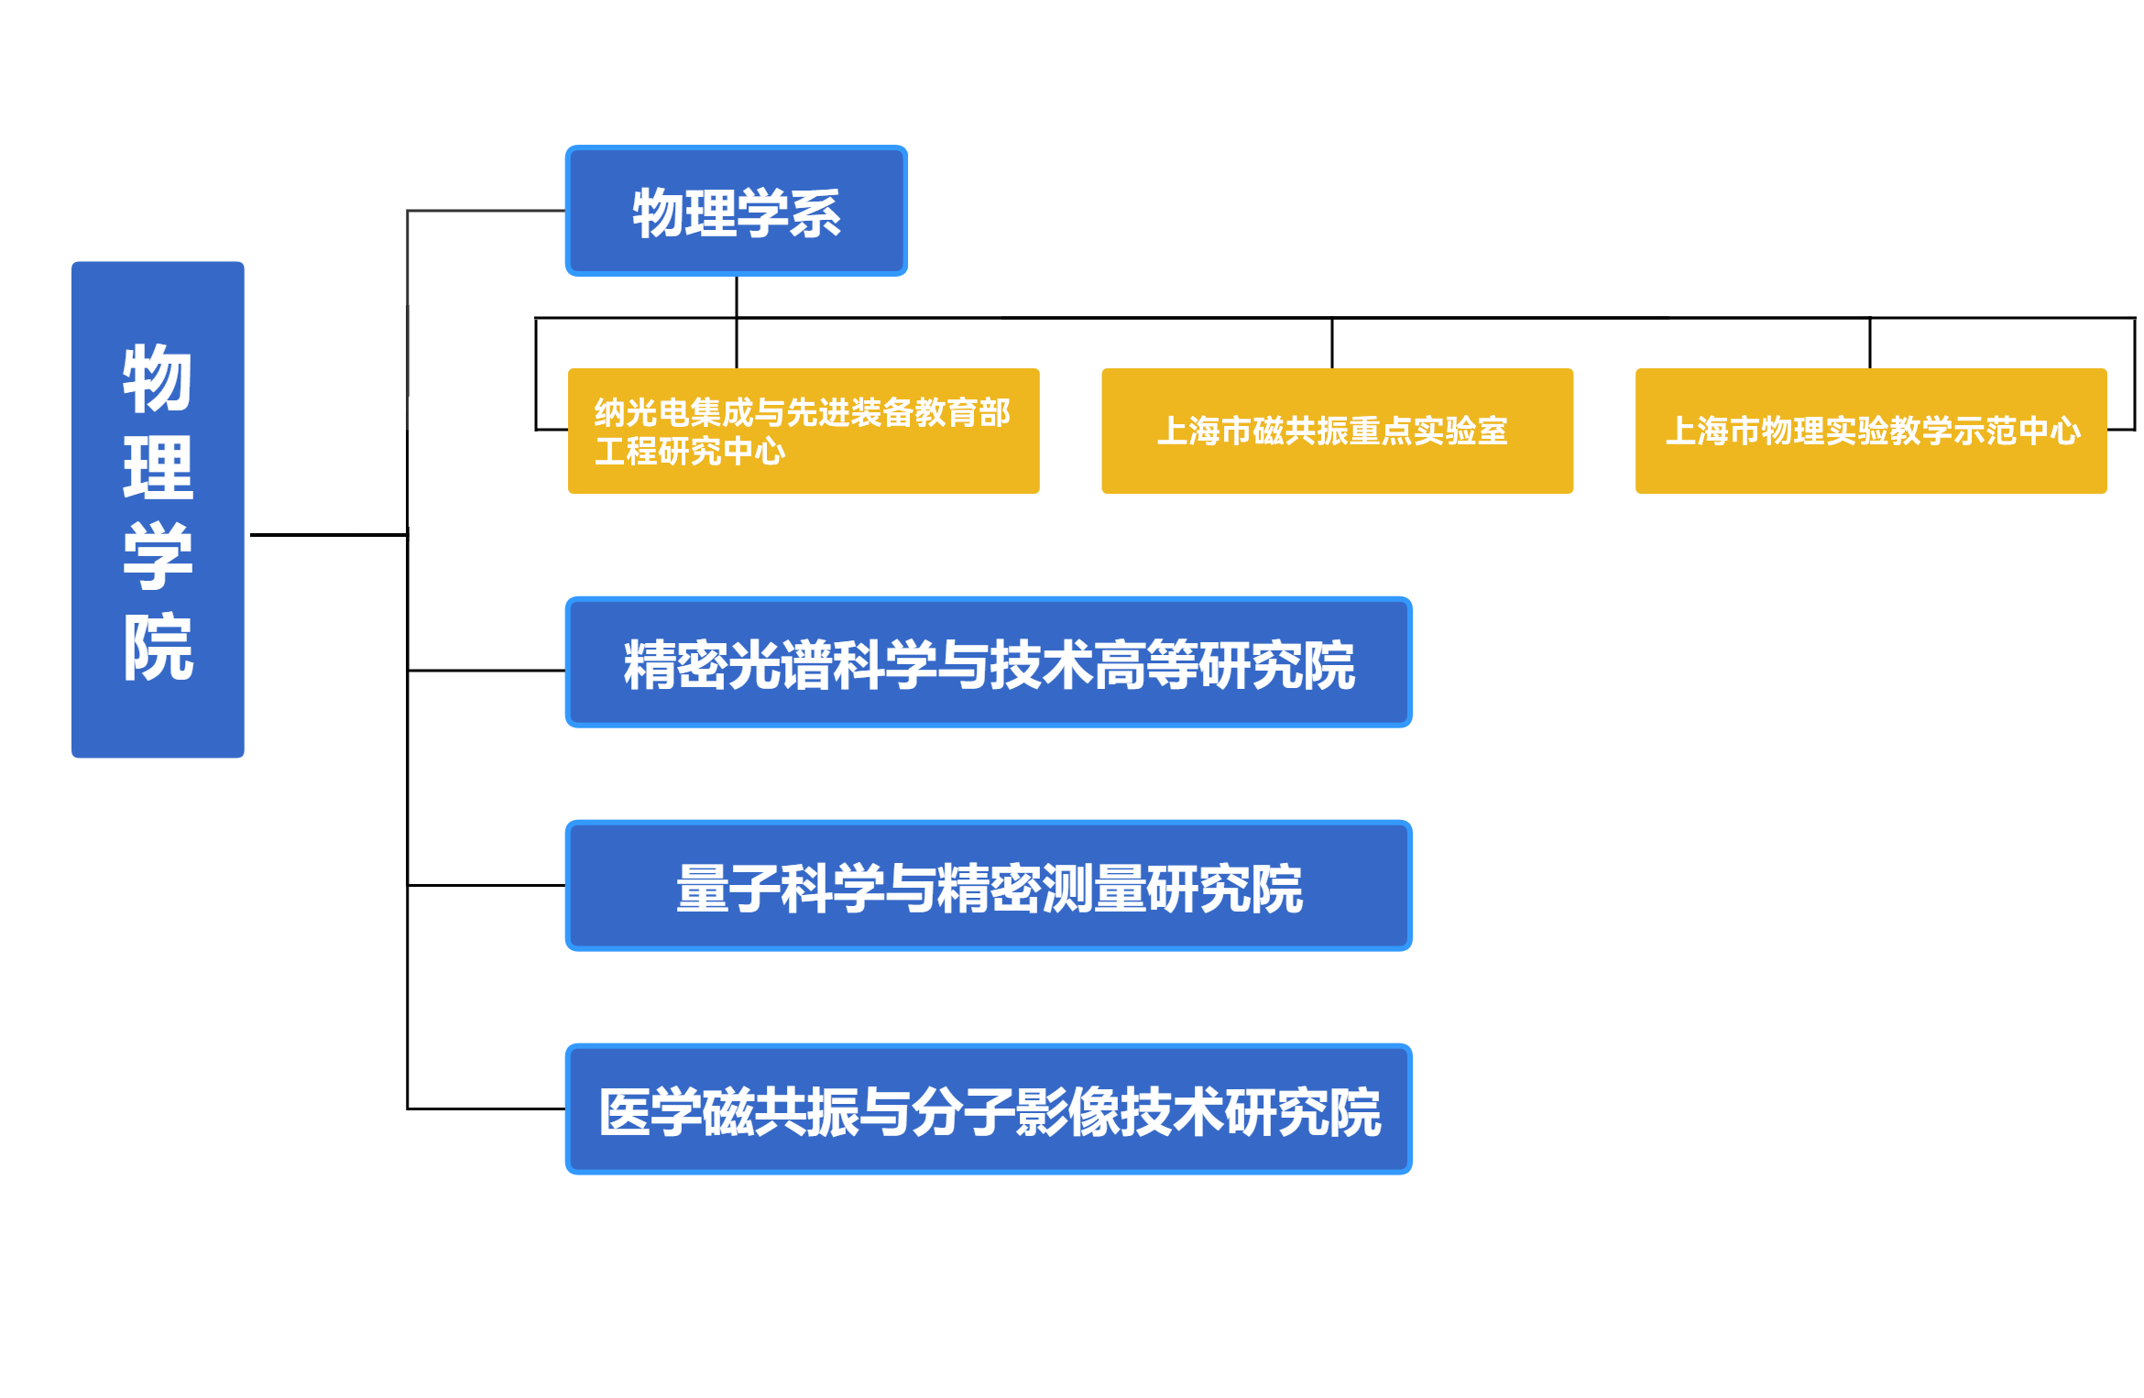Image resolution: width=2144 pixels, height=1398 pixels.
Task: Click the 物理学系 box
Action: (736, 211)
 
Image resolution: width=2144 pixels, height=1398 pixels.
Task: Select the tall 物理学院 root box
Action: (158, 509)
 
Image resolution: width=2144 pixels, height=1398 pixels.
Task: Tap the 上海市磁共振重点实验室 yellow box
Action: (1337, 431)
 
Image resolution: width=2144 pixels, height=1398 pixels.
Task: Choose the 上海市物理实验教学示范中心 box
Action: (1870, 431)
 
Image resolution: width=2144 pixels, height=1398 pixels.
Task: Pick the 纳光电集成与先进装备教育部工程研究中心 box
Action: (803, 431)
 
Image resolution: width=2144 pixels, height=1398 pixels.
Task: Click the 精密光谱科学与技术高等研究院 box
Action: (988, 662)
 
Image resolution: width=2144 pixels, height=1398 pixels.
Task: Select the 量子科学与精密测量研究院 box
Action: (988, 886)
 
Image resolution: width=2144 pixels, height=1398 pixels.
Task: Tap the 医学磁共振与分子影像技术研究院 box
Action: (988, 1109)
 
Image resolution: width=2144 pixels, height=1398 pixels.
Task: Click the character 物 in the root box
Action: (158, 378)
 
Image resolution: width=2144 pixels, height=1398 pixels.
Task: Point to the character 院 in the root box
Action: (158, 647)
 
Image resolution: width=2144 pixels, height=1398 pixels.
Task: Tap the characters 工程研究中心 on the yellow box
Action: (689, 452)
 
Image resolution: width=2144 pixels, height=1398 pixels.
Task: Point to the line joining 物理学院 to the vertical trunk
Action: (328, 534)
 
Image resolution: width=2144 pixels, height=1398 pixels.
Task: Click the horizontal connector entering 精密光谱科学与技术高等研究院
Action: (486, 671)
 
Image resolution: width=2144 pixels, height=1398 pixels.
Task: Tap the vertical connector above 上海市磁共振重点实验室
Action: (1331, 344)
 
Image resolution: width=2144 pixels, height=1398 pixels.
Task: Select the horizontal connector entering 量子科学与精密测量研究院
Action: (486, 885)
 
